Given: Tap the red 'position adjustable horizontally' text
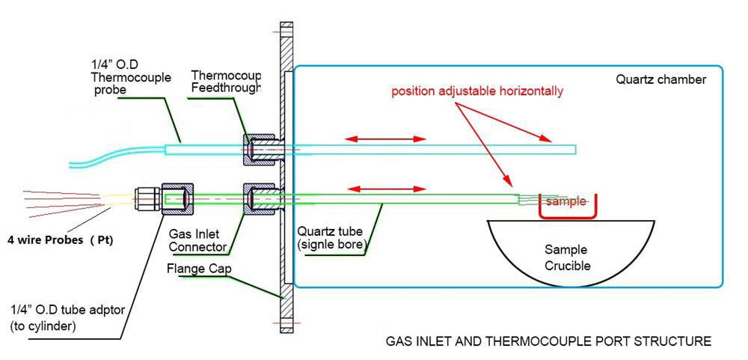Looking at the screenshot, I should coord(476,92).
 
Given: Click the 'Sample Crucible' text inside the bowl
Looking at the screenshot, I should coord(565,258).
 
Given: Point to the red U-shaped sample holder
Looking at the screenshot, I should coord(568,214).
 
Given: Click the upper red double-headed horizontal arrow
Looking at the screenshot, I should coord(386,139).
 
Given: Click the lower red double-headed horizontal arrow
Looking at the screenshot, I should coord(386,189).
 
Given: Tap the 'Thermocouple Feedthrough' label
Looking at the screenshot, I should coord(226,82).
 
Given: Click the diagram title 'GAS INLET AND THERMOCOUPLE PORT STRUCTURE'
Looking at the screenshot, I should coord(548,341).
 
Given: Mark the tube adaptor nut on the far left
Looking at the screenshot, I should coord(177,199).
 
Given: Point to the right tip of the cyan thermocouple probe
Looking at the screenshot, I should coord(574,149).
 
